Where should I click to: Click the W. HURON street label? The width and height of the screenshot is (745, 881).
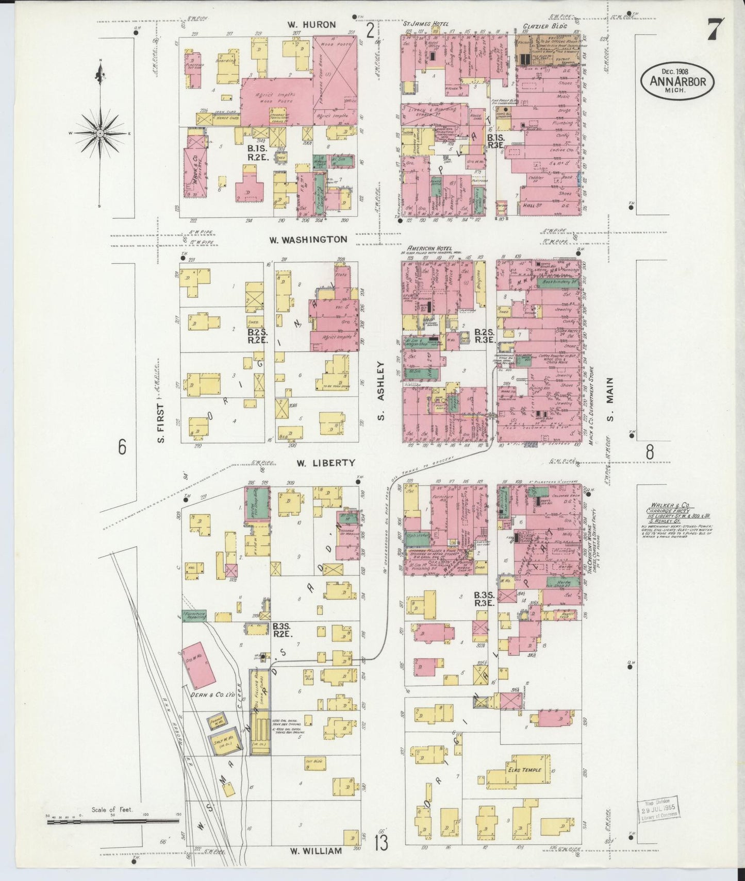pos(312,24)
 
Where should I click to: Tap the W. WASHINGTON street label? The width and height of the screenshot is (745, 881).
pos(308,240)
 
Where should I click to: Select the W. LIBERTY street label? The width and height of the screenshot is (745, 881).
pos(325,463)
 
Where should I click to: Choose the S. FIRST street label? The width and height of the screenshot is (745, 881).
pos(160,423)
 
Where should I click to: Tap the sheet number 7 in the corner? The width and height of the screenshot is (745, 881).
pos(714,29)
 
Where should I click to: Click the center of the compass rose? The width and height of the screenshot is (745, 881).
pos(101,133)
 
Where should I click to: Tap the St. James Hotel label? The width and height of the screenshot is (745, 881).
pos(426,24)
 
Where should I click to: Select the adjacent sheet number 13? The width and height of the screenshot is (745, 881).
pos(381,843)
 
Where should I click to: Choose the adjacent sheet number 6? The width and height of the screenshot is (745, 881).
pos(122,447)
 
